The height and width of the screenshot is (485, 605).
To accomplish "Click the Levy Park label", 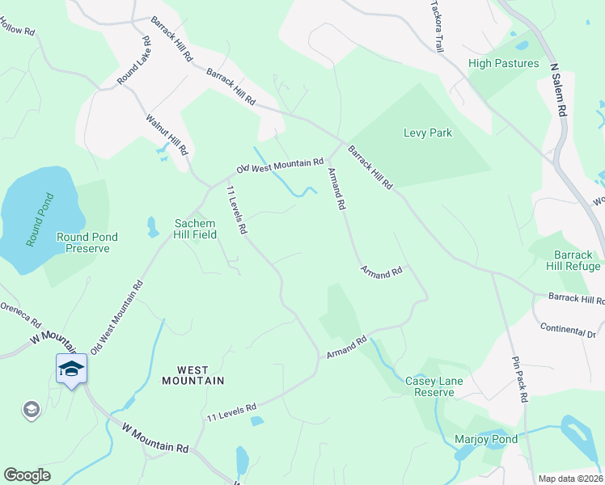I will point(428,133).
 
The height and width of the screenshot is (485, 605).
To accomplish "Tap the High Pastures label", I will point(503,63).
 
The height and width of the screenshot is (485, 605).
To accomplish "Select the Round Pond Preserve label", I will point(87,242).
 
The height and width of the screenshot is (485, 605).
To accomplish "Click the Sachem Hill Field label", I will point(195,229).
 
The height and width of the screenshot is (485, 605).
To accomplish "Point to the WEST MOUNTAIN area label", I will point(192,379).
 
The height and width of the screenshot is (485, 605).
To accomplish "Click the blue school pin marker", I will point(71,369).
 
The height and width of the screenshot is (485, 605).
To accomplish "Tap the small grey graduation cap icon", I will point(32,410).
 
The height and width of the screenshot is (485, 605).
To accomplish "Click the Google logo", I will point(27,475).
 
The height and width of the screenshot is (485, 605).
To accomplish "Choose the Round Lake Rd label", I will point(133,61).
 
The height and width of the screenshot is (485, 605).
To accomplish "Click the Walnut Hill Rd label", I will point(167,134).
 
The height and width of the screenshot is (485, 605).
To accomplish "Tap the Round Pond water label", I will point(39,219).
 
